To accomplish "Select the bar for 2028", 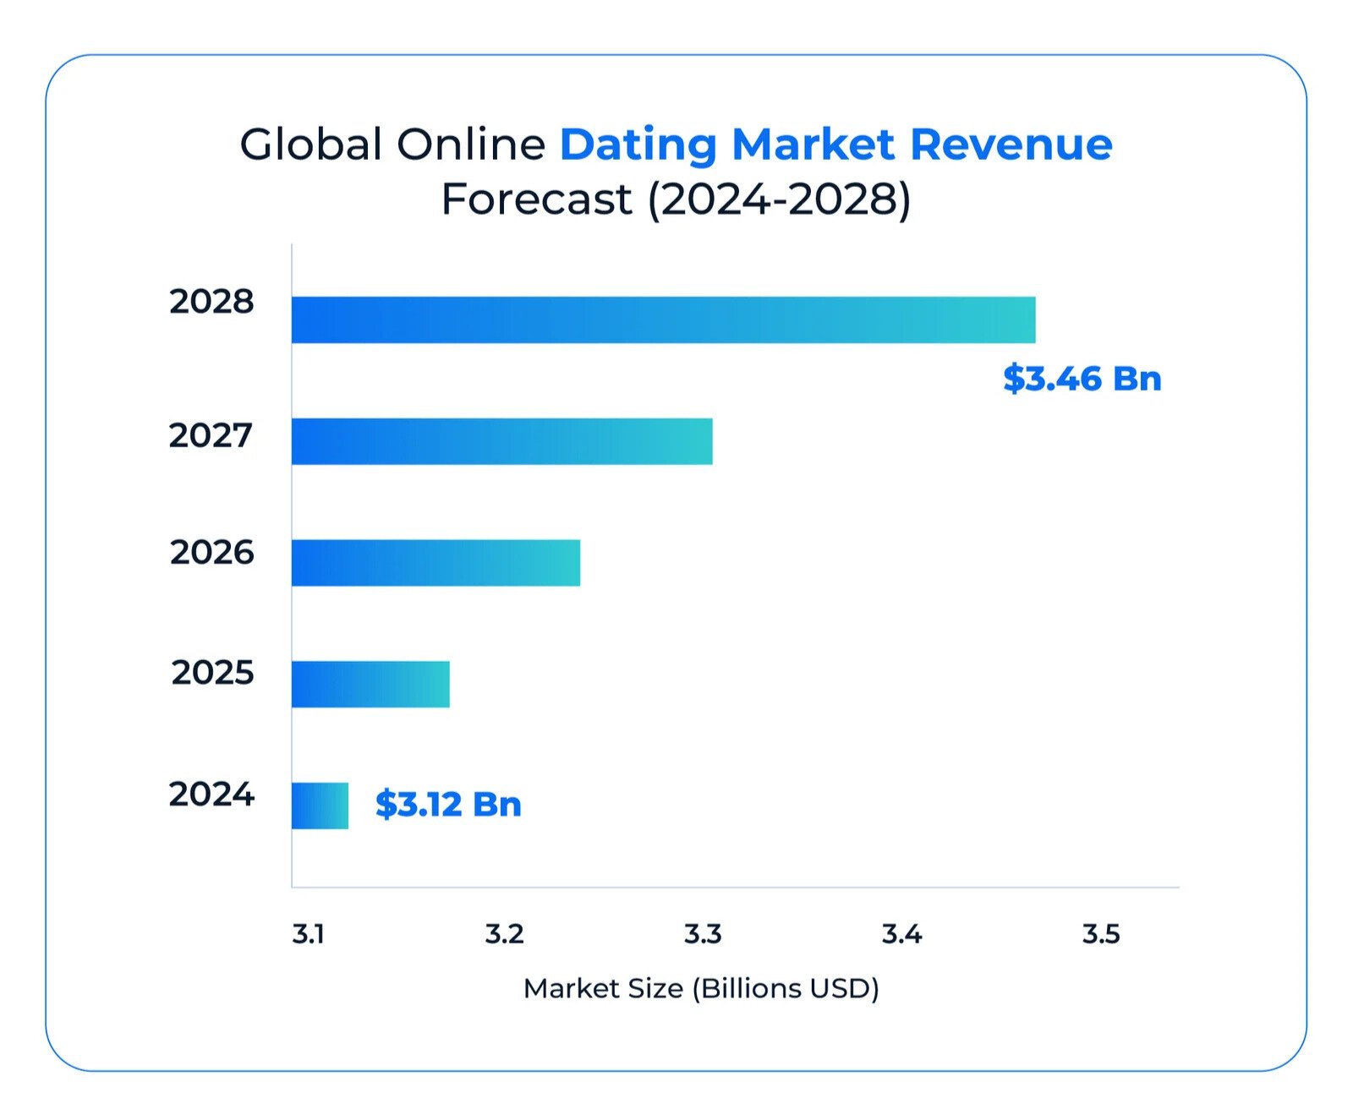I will [x=663, y=320].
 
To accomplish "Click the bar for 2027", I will [x=501, y=441].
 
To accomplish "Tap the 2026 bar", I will [x=435, y=563].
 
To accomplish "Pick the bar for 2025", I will [x=370, y=684].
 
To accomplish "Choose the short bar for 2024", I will [x=320, y=806].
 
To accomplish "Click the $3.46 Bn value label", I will [x=1082, y=378].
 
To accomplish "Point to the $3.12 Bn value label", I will [x=448, y=804].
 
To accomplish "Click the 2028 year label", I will [x=211, y=302].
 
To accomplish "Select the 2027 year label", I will [x=211, y=435].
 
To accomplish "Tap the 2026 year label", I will [x=211, y=552].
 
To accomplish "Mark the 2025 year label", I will [x=212, y=673].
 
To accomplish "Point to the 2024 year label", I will [x=211, y=795].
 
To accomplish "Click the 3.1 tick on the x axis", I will [x=308, y=934].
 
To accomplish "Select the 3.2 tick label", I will [x=504, y=934].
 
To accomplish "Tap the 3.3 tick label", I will [x=703, y=934].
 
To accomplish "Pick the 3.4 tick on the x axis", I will [x=901, y=934].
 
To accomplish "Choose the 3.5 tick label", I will [x=1101, y=934].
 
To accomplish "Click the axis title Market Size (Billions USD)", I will [x=701, y=988].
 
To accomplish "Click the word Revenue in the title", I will [x=1011, y=144].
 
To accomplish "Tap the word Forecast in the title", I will [x=536, y=199].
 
